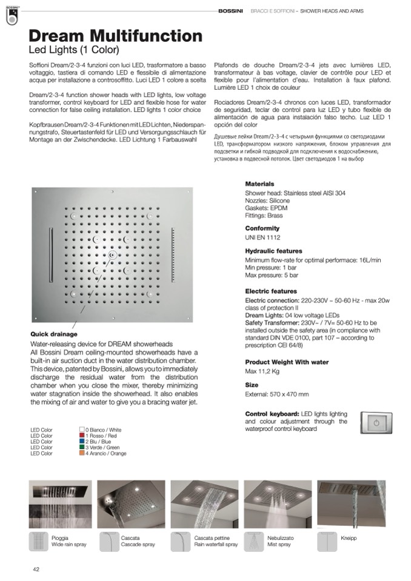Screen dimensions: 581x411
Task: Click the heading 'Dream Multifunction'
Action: (115, 36)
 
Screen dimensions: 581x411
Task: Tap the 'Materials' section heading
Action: (259, 184)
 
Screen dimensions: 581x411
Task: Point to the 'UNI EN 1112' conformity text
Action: (262, 237)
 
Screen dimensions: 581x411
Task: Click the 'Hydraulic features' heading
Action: (273, 251)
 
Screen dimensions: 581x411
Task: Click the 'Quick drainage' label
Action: (54, 334)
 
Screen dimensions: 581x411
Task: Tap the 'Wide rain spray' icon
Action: (39, 541)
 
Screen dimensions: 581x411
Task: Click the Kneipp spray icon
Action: (328, 541)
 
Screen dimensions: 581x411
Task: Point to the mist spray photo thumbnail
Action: (276, 504)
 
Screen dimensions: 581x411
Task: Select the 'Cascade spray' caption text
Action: (138, 545)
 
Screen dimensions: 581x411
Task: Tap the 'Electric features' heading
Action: (271, 291)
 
